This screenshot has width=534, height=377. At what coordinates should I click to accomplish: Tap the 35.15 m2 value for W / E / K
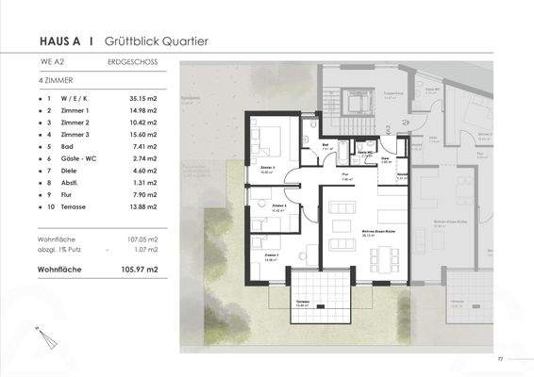[x=141, y=97]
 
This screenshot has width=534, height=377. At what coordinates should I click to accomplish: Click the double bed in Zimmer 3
[x=267, y=142]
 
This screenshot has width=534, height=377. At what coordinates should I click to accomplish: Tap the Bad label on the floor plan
[x=325, y=146]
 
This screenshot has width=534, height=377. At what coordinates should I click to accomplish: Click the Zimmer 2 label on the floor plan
[x=278, y=206]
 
